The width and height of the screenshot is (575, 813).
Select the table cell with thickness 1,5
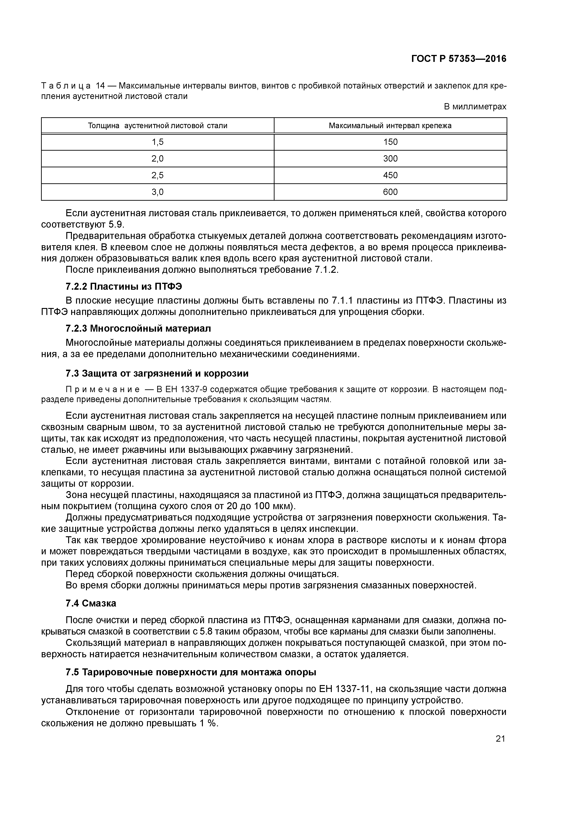click(x=158, y=142)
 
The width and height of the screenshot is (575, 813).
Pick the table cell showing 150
click(x=390, y=142)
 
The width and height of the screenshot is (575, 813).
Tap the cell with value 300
click(x=390, y=159)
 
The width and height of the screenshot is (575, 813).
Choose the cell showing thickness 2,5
click(x=158, y=175)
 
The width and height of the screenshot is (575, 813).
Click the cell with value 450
click(x=390, y=175)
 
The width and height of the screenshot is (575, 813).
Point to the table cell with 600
click(x=390, y=192)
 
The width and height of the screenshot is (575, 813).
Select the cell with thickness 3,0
click(x=158, y=192)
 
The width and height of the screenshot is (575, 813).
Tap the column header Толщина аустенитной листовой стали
click(x=158, y=126)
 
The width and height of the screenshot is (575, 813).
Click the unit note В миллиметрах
click(x=475, y=107)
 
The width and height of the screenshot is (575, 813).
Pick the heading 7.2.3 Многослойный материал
click(x=138, y=329)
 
